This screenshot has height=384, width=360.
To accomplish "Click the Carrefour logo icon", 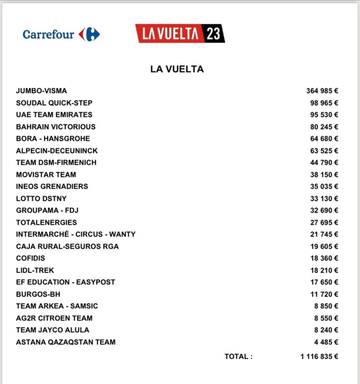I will pos(89,35).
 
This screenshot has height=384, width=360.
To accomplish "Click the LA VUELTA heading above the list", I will pos(177,70).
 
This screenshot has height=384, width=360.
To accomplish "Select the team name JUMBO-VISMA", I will pos(41,91).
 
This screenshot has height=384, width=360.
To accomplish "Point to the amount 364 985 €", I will pos(322,91).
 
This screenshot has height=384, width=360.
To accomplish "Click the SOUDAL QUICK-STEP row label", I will pos(54,103).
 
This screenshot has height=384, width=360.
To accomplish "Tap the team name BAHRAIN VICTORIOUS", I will pos(56,127).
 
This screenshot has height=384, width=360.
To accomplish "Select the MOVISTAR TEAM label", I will pos(46,174).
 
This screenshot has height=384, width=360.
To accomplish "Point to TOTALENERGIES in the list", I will pos(46,222).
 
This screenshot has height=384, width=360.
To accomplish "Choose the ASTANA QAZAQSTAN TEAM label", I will pos(66,342).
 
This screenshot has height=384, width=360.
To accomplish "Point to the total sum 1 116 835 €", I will pos(319,356).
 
